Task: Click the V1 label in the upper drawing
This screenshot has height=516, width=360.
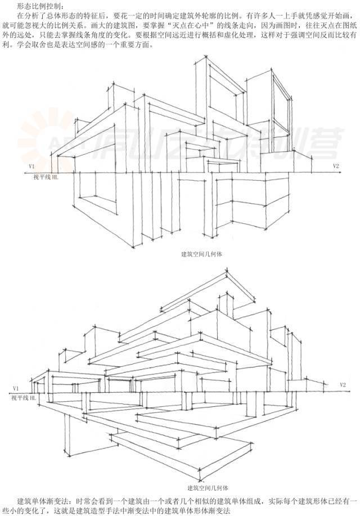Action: pyautogui.click(x=32, y=167)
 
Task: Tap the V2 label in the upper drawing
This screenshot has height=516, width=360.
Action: pyautogui.click(x=336, y=166)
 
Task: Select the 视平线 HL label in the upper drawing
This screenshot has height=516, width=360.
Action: pyautogui.click(x=44, y=177)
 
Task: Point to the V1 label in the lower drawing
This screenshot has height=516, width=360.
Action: pyautogui.click(x=16, y=389)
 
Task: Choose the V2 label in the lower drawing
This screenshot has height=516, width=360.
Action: pyautogui.click(x=342, y=385)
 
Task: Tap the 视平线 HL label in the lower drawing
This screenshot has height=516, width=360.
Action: pyautogui.click(x=24, y=398)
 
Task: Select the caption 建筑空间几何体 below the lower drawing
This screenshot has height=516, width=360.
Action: pyautogui.click(x=208, y=487)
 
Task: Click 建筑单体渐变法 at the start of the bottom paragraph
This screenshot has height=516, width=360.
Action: pyautogui.click(x=40, y=500)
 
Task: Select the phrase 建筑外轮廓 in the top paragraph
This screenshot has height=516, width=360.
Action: pyautogui.click(x=192, y=16)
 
